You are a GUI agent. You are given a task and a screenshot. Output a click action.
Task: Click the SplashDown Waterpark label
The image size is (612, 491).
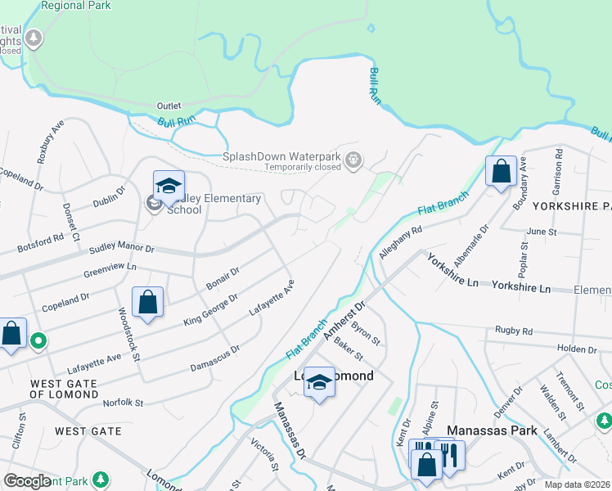click(x=281, y=156)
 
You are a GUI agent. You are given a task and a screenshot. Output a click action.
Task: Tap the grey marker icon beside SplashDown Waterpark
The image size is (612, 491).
click(x=353, y=160)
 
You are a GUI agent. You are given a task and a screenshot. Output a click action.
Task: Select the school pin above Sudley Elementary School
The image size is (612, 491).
click(x=169, y=187)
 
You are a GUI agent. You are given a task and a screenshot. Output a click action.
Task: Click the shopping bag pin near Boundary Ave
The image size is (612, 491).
click(x=501, y=173)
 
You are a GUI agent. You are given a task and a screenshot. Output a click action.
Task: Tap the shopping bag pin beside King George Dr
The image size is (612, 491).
click(x=147, y=304)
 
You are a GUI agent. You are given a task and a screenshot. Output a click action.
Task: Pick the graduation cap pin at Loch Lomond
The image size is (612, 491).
click(x=320, y=383)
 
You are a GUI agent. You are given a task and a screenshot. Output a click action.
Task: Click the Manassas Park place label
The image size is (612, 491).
click(x=492, y=430)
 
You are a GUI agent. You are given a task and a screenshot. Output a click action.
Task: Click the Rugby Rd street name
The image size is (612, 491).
click(x=514, y=331)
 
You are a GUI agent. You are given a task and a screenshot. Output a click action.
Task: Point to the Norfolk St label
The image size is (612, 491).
click(x=123, y=403)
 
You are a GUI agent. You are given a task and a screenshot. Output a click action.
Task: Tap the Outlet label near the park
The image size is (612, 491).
click(x=169, y=106)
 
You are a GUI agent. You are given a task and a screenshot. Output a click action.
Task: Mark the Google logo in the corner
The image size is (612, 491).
click(x=28, y=481)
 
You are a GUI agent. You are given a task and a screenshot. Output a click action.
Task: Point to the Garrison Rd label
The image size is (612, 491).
click(x=558, y=164)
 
